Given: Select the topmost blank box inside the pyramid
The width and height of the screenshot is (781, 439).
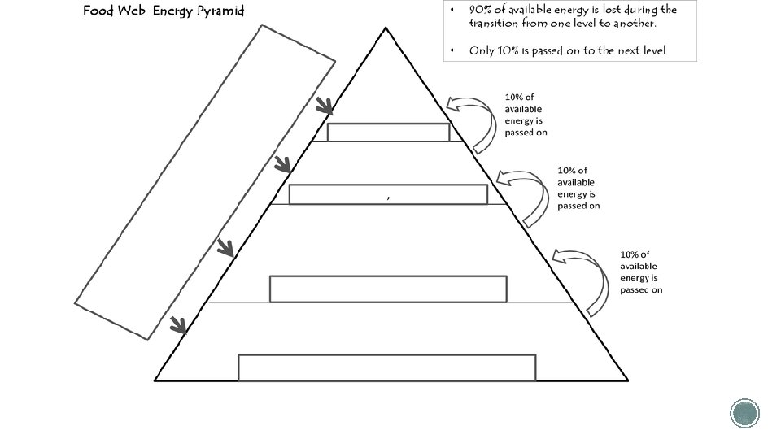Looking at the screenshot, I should coord(388,133).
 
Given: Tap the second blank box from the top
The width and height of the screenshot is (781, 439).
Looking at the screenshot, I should coord(388,194).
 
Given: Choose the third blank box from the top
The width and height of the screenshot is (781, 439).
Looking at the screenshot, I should coord(388,289).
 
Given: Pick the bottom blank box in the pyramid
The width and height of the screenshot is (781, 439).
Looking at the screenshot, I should coord(387,367).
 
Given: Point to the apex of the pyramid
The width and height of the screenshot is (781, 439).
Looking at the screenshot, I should coord(386,30).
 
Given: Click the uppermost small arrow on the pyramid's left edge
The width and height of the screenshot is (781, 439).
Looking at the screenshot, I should coord(325,106).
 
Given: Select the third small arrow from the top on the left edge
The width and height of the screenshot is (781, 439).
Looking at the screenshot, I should coord(227,247).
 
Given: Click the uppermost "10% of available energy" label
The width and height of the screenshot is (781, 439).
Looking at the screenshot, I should coord(526,115).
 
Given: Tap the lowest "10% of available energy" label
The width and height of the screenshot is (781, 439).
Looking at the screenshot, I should coord(641,272).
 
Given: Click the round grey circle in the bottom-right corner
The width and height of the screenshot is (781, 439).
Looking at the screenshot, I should coord(744,413).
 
